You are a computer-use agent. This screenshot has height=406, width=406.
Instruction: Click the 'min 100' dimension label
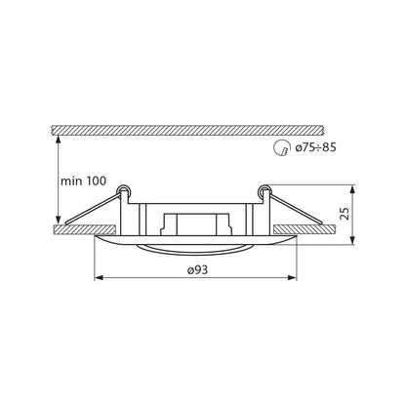(83, 181)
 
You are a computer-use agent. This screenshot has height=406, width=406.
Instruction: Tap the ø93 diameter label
(197, 269)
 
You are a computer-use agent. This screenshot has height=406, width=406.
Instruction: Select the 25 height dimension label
(345, 213)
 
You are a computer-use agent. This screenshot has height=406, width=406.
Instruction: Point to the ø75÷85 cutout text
(315, 147)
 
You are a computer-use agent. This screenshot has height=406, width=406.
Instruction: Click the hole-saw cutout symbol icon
(281, 148)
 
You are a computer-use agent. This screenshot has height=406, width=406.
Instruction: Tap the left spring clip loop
(124, 190)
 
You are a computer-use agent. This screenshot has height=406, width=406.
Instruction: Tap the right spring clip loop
(264, 190)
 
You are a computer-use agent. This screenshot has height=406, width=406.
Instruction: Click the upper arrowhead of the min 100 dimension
(59, 140)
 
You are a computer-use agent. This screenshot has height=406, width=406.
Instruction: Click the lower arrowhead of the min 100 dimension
(59, 219)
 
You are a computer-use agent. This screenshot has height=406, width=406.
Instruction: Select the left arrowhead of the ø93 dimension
(99, 277)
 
